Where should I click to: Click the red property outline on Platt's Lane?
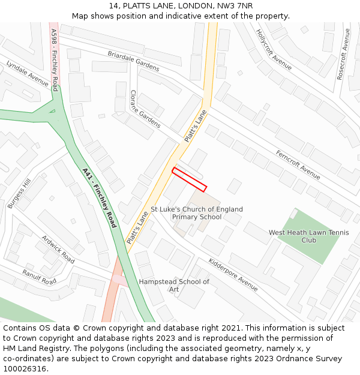[x=190, y=179]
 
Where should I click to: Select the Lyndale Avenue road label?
[x=27, y=73]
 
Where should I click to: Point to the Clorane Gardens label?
[x=145, y=109]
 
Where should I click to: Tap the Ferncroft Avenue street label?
[x=298, y=164]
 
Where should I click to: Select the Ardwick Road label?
[x=58, y=249]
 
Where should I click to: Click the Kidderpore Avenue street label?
[x=233, y=274]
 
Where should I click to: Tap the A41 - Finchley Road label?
[x=99, y=198]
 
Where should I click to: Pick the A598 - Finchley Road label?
[x=55, y=59]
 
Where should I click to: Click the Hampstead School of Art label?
[x=174, y=286]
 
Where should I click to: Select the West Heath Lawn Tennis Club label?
[x=308, y=236]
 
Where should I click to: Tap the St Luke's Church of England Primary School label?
[x=197, y=213]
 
